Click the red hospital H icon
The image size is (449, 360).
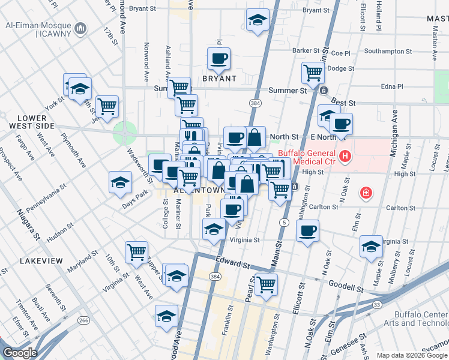(345, 157)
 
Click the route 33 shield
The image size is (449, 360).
(376, 305)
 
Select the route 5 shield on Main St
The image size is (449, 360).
(283, 223)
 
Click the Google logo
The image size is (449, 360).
(19, 352)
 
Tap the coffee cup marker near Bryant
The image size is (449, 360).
(218, 59)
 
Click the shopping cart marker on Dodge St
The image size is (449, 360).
(313, 73)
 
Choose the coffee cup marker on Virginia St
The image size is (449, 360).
(307, 231)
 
